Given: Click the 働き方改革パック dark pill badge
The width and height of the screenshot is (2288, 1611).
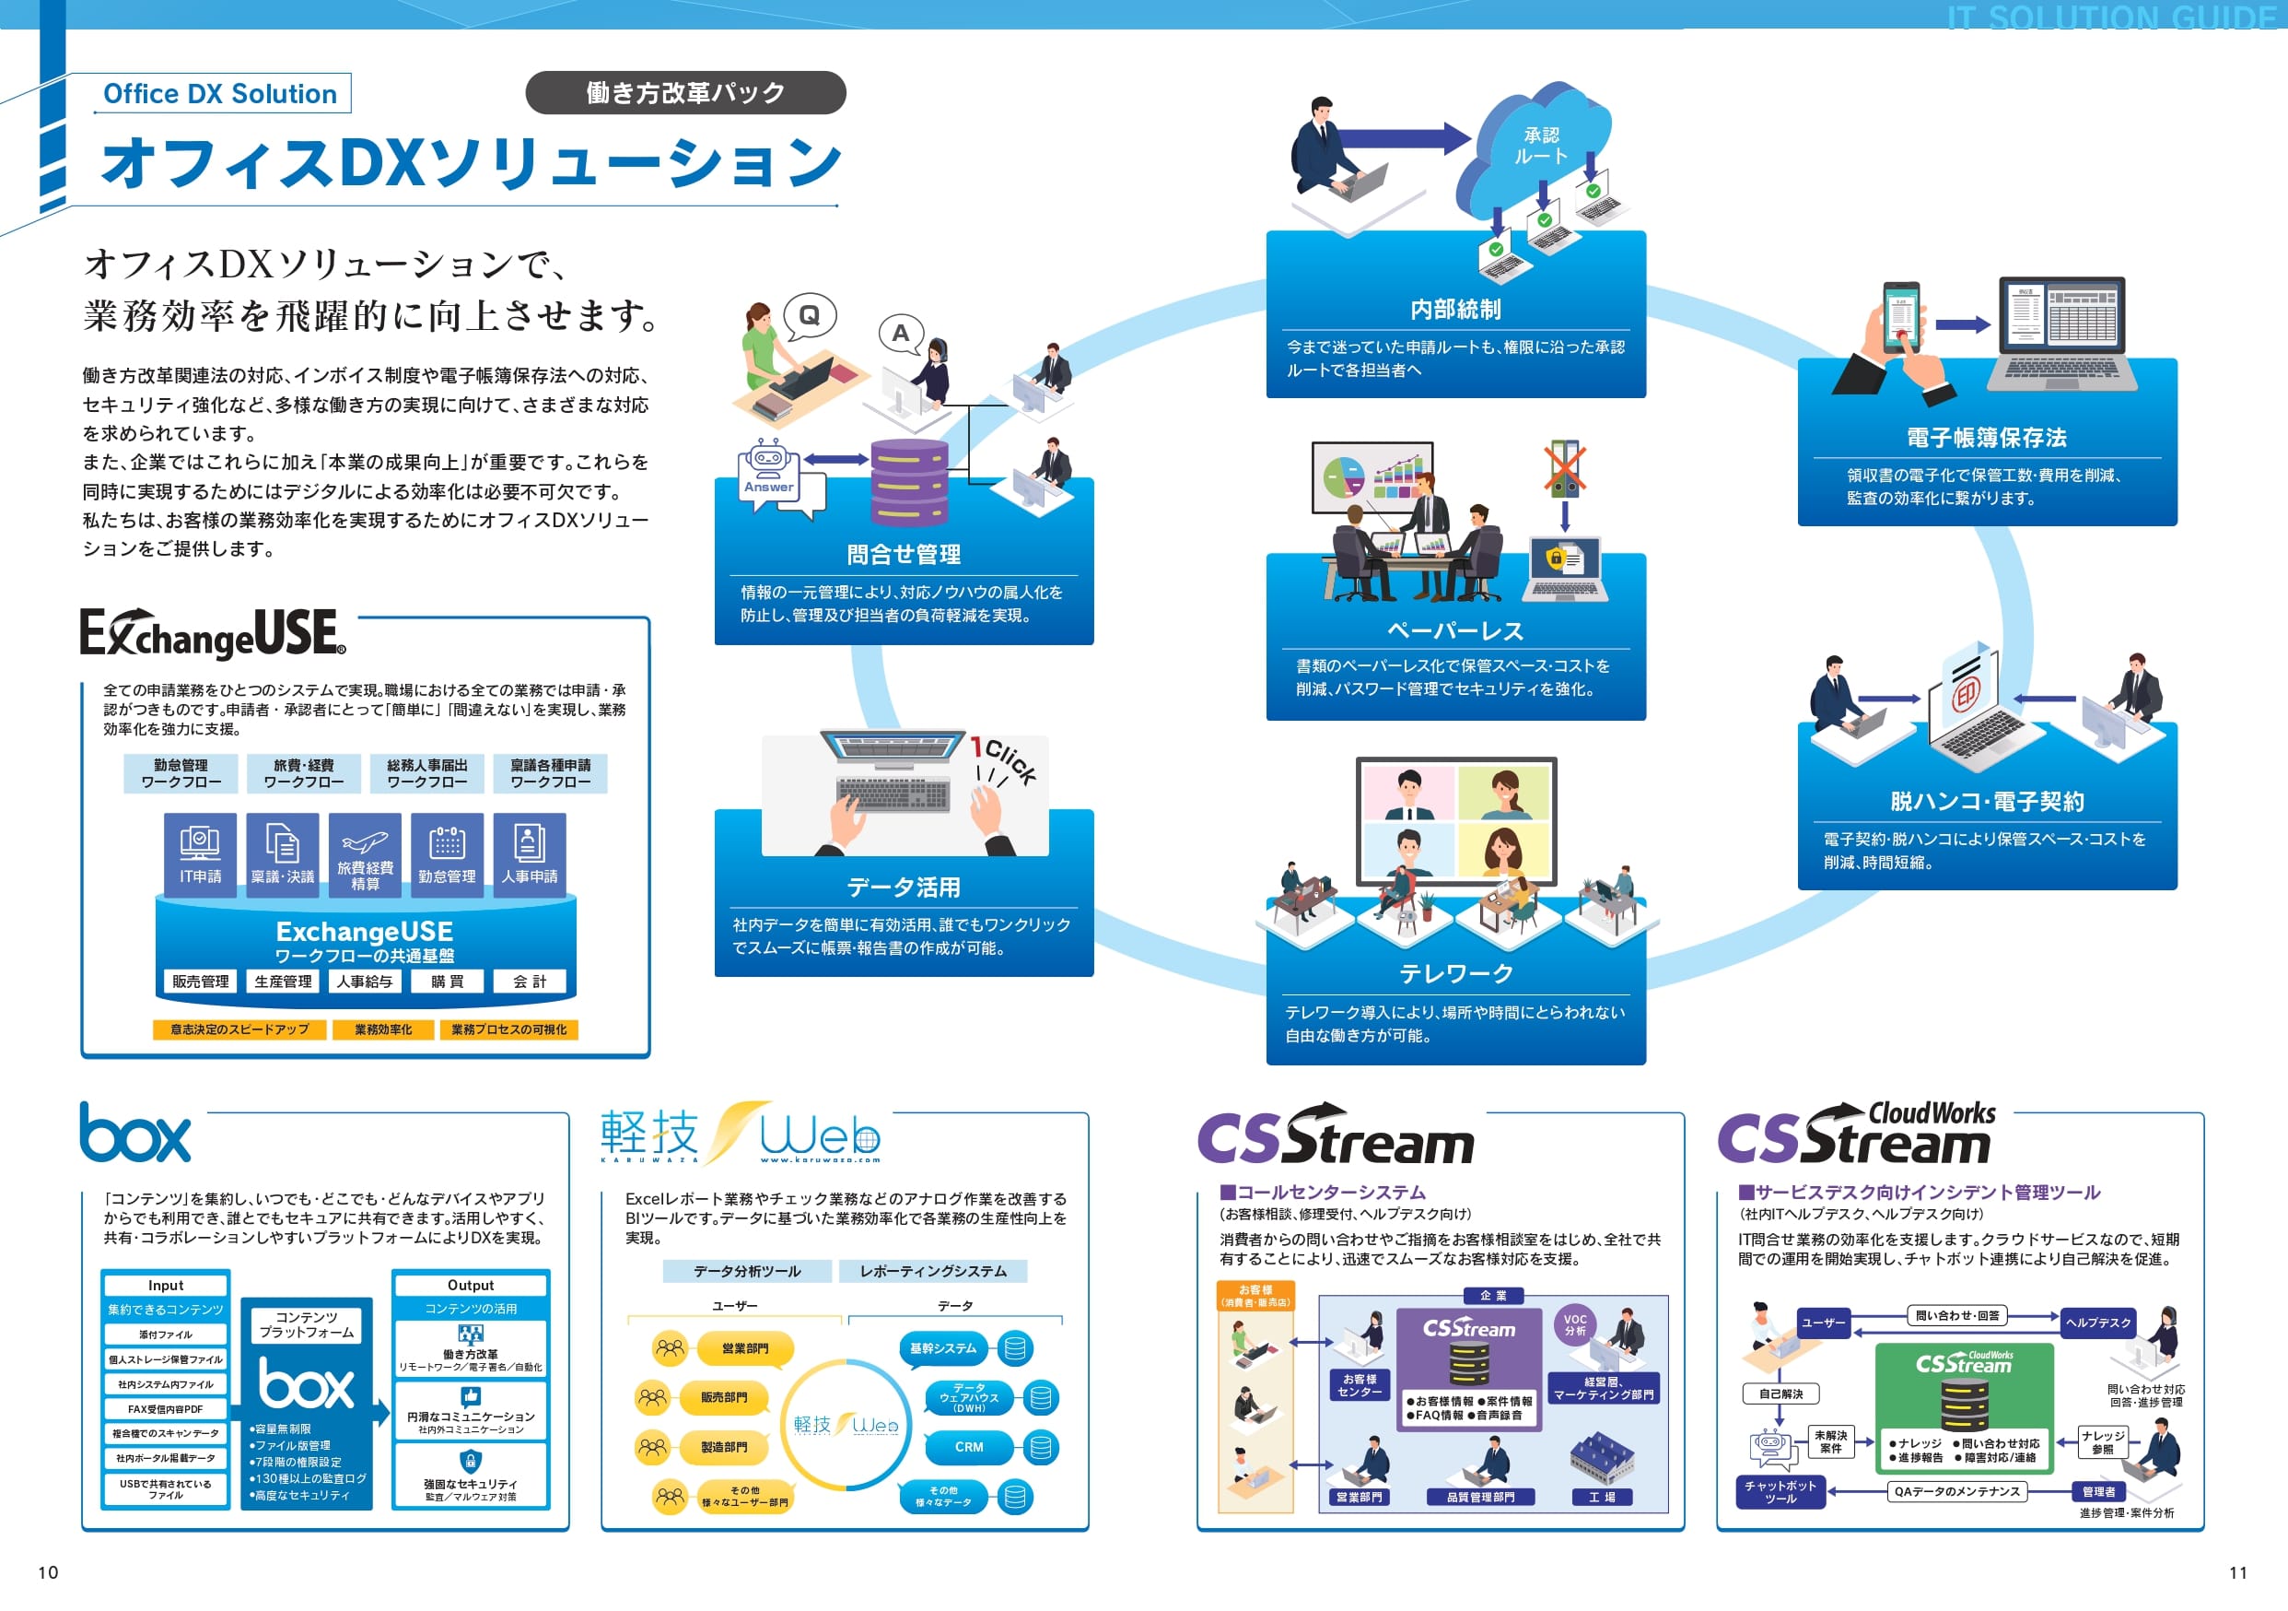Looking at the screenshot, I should click(685, 93).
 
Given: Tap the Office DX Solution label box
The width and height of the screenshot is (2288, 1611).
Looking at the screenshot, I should click(221, 94).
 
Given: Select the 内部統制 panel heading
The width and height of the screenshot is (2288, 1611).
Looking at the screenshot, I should click(1455, 310).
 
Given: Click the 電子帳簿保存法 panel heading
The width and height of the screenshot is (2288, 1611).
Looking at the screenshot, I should click(1986, 438).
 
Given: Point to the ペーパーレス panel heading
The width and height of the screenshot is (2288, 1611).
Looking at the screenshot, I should click(1455, 631).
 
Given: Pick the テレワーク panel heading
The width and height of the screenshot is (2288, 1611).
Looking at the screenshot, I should click(1455, 973).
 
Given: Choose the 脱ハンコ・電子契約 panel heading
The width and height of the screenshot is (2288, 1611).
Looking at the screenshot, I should click(1986, 802).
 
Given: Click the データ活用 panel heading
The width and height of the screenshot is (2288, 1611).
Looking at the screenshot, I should click(904, 888).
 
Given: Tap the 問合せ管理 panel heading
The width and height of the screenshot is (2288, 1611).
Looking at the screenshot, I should click(904, 554).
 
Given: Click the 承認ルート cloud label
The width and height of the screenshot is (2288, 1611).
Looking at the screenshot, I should click(1541, 146).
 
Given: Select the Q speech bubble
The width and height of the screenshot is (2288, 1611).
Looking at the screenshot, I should click(809, 316).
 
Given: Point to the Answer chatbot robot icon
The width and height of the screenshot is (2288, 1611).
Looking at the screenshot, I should click(768, 469).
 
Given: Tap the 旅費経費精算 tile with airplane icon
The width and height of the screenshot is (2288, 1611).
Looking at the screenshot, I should click(365, 854).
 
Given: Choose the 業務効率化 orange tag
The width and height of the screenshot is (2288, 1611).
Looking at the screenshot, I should click(382, 1029).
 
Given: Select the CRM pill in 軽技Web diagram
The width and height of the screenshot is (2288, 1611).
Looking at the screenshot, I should click(969, 1447).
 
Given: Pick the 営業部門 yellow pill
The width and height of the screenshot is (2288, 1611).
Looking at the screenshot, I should click(744, 1349).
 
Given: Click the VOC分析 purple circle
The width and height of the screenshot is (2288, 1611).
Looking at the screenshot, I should click(1574, 1325).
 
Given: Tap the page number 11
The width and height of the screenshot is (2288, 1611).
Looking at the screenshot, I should click(2238, 1573).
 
